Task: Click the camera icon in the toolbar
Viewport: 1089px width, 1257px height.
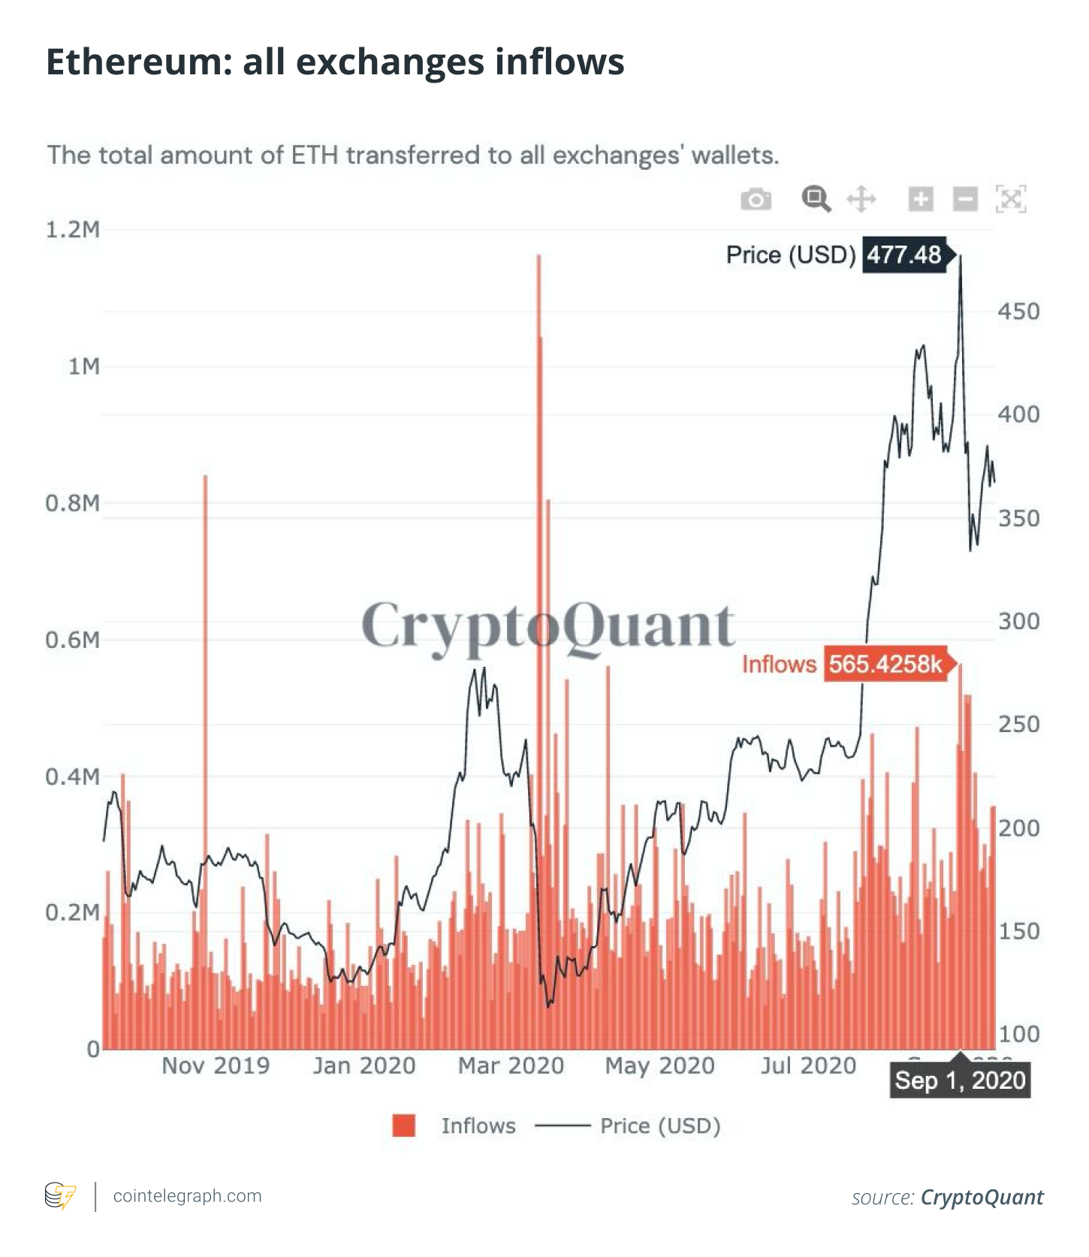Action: [x=756, y=200]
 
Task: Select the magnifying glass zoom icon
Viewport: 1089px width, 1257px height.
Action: [x=816, y=199]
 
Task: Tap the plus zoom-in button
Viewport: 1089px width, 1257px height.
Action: [x=921, y=199]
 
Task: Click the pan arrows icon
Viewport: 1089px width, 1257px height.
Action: [x=861, y=200]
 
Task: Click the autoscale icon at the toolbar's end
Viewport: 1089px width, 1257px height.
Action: [x=1011, y=199]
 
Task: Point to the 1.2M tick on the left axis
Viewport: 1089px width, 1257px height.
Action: [x=73, y=230]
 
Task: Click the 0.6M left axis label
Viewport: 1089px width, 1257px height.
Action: [x=73, y=640]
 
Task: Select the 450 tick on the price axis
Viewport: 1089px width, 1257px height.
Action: [x=1018, y=312]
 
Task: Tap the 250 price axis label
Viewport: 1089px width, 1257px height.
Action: [x=1018, y=725]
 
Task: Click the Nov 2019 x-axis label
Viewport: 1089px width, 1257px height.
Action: [x=216, y=1066]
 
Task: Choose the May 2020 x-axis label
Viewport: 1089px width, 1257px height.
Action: [x=660, y=1066]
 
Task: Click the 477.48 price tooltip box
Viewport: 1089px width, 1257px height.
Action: [x=905, y=255]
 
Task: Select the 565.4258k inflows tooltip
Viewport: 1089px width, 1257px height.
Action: [x=886, y=664]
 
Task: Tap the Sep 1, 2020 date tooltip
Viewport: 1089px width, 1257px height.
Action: [x=960, y=1081]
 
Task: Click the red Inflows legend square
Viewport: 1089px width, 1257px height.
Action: [x=404, y=1126]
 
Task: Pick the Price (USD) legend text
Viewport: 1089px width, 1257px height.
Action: [x=660, y=1126]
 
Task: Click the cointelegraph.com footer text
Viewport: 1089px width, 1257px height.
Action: [x=188, y=1195]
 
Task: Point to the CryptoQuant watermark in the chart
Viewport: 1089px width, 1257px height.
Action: [x=548, y=625]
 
